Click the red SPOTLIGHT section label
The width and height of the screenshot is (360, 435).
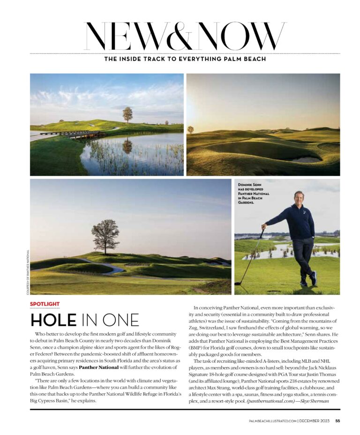click(x=45, y=304)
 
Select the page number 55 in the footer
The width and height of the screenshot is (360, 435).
click(x=337, y=420)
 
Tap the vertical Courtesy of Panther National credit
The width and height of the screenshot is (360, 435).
click(x=28, y=271)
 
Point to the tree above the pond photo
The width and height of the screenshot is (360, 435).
click(x=127, y=114)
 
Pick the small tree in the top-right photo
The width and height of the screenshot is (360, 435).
click(x=190, y=129)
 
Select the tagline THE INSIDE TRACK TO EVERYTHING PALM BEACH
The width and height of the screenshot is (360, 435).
click(x=185, y=59)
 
